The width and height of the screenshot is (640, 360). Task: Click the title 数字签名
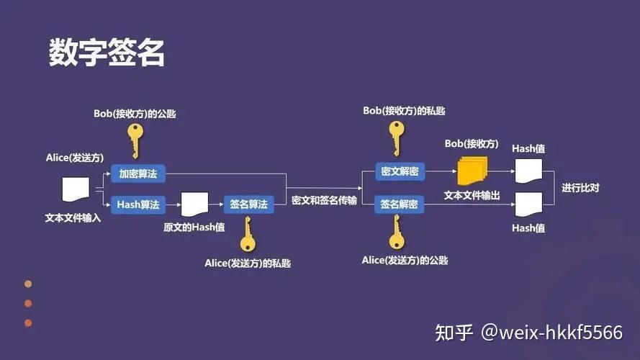[x=107, y=53]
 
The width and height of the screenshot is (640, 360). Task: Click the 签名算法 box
[x=248, y=204]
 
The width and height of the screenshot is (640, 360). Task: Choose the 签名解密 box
[x=400, y=204]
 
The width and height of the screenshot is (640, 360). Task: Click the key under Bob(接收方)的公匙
[x=134, y=140]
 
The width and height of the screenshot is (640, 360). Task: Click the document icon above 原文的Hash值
[x=194, y=204]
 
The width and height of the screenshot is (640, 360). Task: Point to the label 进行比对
[x=580, y=189]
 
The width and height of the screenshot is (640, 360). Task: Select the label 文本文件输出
[x=472, y=196]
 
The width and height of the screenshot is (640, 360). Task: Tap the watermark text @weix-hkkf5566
[x=551, y=333]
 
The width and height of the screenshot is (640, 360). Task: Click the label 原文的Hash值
[x=194, y=228]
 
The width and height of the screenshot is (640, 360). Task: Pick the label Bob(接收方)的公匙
[x=135, y=114]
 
